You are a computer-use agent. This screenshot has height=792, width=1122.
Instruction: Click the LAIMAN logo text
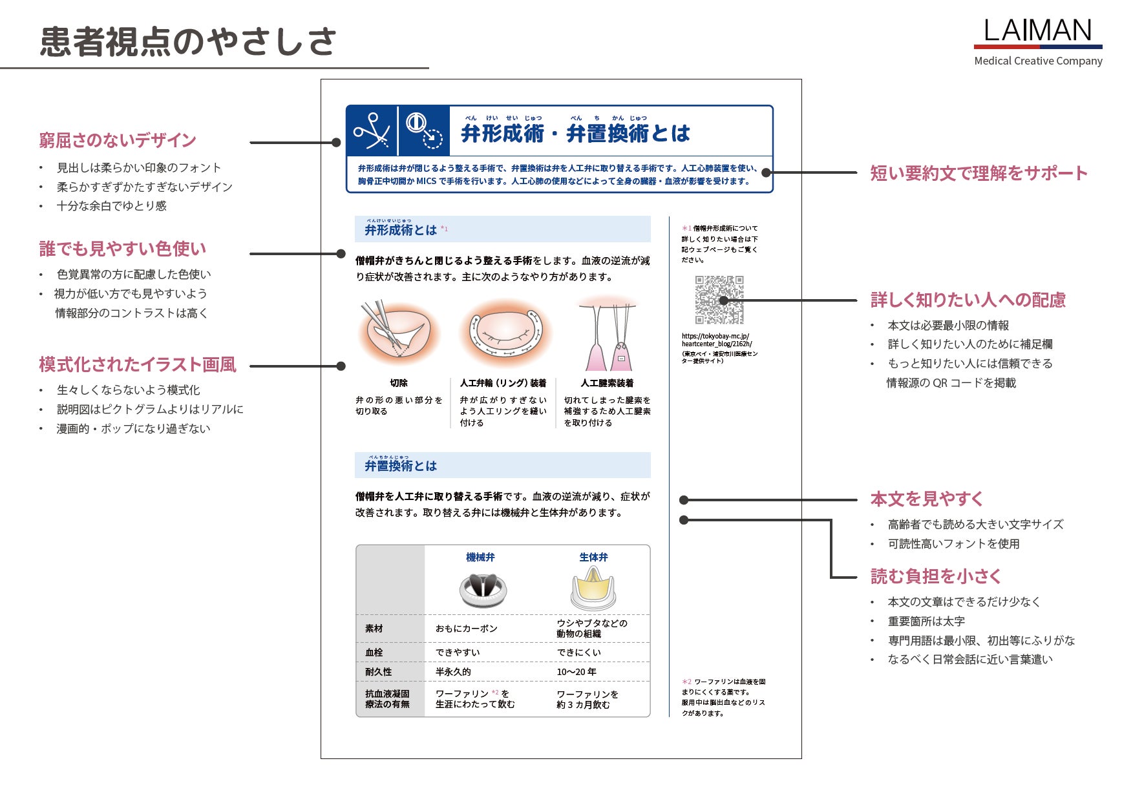pyautogui.click(x=1037, y=30)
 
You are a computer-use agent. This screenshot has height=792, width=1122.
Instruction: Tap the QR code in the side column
pyautogui.click(x=719, y=300)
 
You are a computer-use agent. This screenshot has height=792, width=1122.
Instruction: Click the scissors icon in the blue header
pyautogui.click(x=371, y=131)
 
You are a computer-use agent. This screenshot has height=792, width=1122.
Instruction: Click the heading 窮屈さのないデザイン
pyautogui.click(x=118, y=140)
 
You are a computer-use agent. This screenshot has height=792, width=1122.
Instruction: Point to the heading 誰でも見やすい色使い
pyautogui.click(x=123, y=249)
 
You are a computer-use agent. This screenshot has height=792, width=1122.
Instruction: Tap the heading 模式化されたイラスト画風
pyautogui.click(x=138, y=364)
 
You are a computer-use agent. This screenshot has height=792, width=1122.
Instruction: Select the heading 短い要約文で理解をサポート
pyautogui.click(x=979, y=173)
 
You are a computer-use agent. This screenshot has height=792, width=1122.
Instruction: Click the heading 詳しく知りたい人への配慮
pyautogui.click(x=968, y=300)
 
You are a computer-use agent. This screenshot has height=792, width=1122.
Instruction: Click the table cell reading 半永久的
pyautogui.click(x=453, y=672)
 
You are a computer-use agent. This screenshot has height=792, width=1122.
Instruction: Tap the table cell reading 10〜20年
pyautogui.click(x=577, y=672)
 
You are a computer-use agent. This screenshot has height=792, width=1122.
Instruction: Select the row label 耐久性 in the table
pyautogui.click(x=378, y=672)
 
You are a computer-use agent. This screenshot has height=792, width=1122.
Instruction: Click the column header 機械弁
pyautogui.click(x=480, y=557)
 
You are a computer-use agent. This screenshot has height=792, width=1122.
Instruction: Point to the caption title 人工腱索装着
pyautogui.click(x=607, y=383)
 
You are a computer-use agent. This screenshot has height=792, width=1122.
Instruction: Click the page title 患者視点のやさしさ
pyautogui.click(x=188, y=41)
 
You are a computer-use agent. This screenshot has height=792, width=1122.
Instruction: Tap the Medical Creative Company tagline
pyautogui.click(x=1038, y=61)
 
